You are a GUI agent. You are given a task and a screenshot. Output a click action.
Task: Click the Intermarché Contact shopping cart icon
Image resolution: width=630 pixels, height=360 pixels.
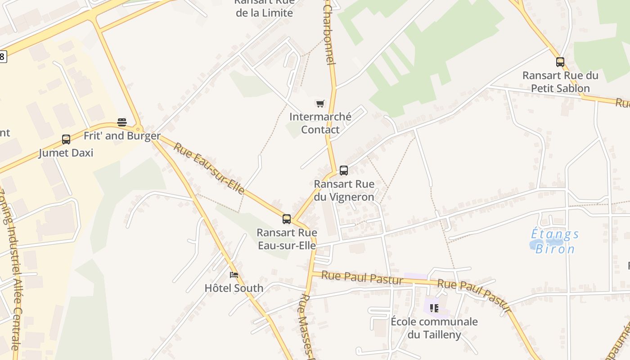[x=320, y=104]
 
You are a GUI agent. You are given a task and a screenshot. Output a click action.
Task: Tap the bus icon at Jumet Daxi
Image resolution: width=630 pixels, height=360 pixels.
[x=66, y=139]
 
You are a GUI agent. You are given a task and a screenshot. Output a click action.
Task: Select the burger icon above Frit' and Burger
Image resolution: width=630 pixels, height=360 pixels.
[x=122, y=122]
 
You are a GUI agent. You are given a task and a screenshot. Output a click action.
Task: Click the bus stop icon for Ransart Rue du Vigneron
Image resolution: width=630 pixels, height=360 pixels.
[x=344, y=171]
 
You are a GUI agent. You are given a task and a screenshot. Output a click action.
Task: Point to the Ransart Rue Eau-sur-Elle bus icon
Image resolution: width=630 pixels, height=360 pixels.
[x=287, y=219]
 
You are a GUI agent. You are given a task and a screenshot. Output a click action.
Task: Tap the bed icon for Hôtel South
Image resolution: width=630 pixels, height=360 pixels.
[x=234, y=274]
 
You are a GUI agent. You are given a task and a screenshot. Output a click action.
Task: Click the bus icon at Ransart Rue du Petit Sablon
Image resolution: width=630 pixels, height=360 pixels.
[x=560, y=62]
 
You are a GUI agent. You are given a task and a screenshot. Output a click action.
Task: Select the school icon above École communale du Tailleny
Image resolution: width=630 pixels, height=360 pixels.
[x=434, y=308]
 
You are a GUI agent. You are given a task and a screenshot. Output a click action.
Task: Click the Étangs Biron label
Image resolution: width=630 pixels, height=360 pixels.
[x=555, y=241]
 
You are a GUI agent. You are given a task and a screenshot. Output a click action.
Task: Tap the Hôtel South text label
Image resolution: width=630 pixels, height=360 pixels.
[x=234, y=288]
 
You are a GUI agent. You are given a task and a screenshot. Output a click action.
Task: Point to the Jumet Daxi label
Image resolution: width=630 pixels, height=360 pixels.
[x=66, y=153]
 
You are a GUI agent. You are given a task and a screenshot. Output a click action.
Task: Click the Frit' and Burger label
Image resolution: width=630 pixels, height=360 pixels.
[x=122, y=136]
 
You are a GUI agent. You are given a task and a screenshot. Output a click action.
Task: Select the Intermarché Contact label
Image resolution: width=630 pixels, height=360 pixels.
[x=320, y=123]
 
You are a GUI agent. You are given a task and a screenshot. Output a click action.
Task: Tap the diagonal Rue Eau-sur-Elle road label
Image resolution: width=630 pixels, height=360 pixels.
[x=209, y=169]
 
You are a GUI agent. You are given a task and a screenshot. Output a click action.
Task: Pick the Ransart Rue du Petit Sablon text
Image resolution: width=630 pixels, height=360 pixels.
[x=560, y=82]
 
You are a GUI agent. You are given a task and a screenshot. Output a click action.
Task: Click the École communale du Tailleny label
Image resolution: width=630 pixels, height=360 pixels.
[x=434, y=328]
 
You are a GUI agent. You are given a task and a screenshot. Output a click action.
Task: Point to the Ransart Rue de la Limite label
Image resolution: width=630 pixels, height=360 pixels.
[x=265, y=8]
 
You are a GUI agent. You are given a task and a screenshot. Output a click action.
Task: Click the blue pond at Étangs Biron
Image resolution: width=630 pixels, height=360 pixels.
[x=537, y=245]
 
